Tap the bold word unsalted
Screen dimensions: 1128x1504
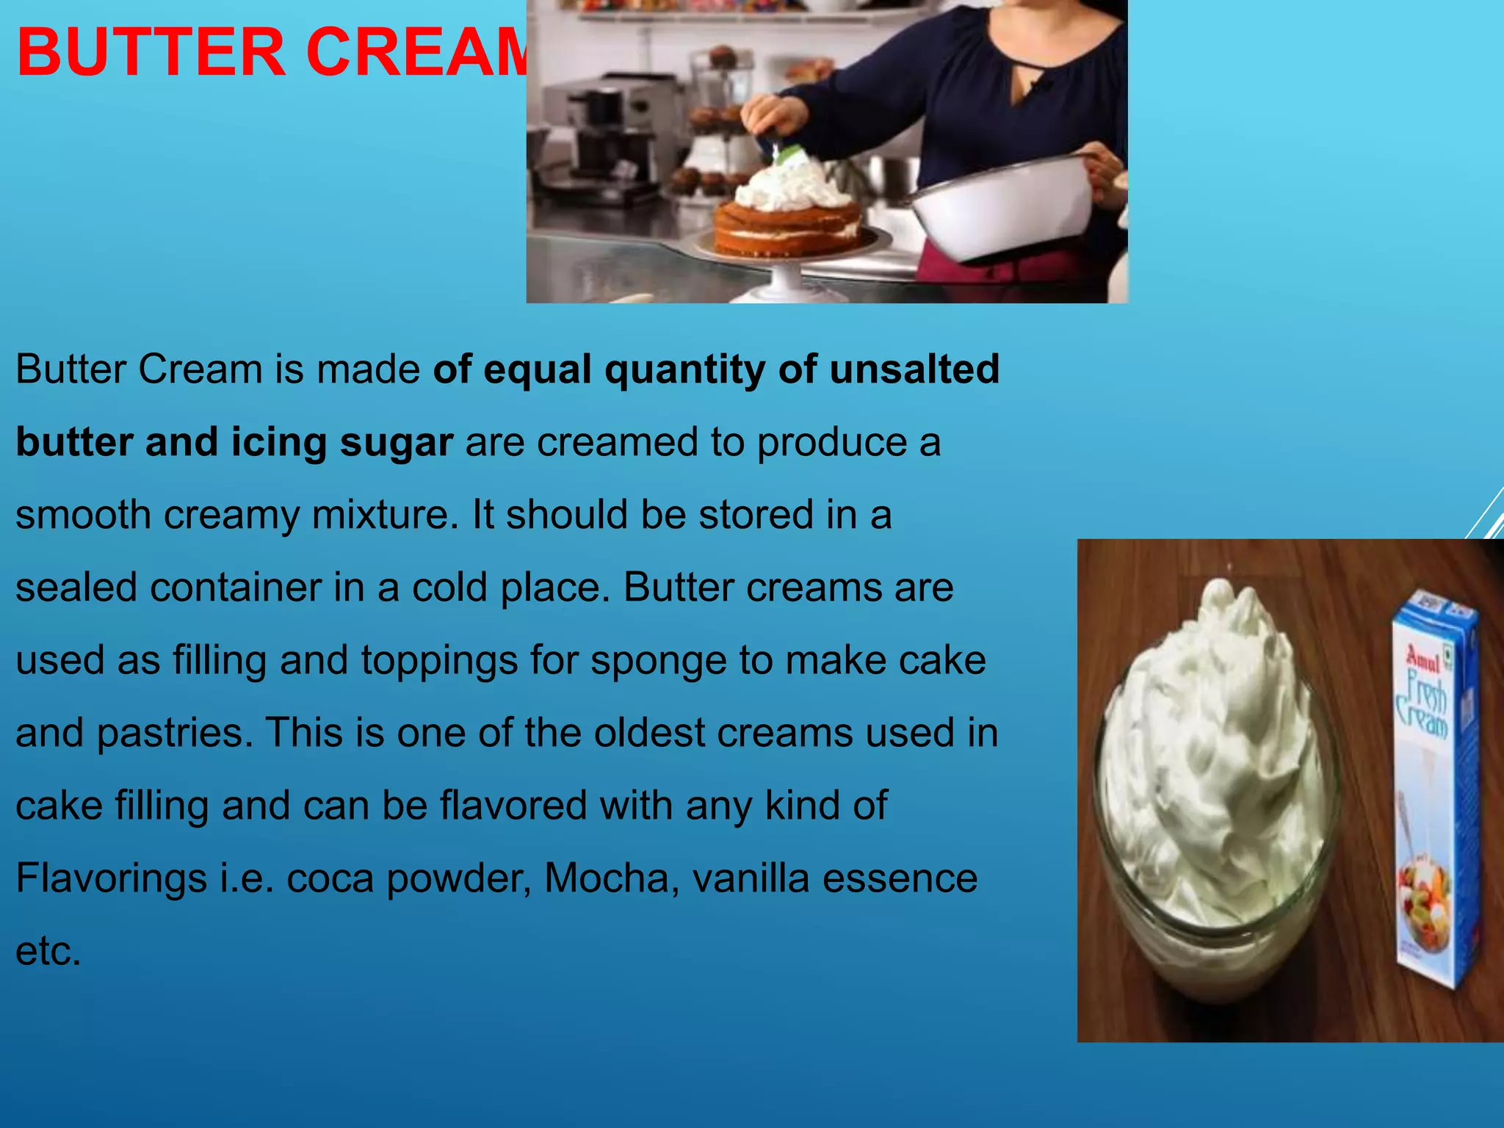pyautogui.click(x=914, y=369)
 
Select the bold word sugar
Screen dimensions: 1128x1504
pyautogui.click(x=396, y=442)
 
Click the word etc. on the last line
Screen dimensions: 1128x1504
pyautogui.click(x=48, y=951)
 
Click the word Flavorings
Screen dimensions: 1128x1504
pyautogui.click(x=111, y=878)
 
